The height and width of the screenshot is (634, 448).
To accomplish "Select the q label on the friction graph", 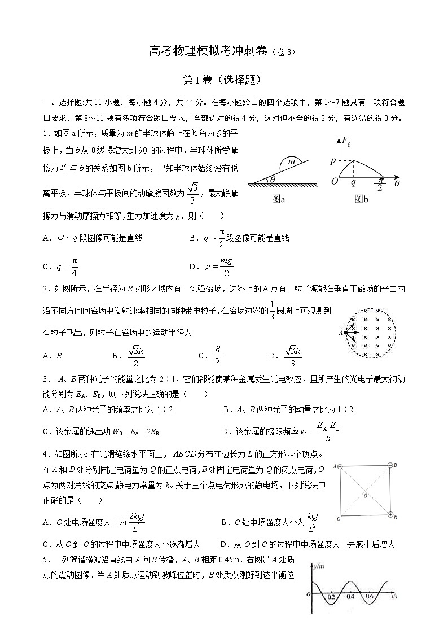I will pyautogui.click(x=354, y=183).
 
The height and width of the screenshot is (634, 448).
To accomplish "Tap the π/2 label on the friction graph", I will pyautogui.click(x=379, y=184).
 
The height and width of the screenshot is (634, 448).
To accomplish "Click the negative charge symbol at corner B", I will pyautogui.click(x=389, y=465).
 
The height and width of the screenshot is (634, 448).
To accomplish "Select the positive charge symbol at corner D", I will pyautogui.click(x=390, y=515).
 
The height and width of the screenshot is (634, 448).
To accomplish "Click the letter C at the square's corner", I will pyautogui.click(x=337, y=518).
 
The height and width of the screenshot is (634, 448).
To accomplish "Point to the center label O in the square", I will pyautogui.click(x=365, y=495).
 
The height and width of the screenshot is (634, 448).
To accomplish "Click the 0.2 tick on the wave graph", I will pyautogui.click(x=331, y=596).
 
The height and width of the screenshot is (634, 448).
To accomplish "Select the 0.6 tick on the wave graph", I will pyautogui.click(x=369, y=596).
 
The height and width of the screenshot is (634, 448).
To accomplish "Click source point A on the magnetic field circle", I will pyautogui.click(x=341, y=333).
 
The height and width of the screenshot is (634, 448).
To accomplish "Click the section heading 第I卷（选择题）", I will pyautogui.click(x=223, y=80).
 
